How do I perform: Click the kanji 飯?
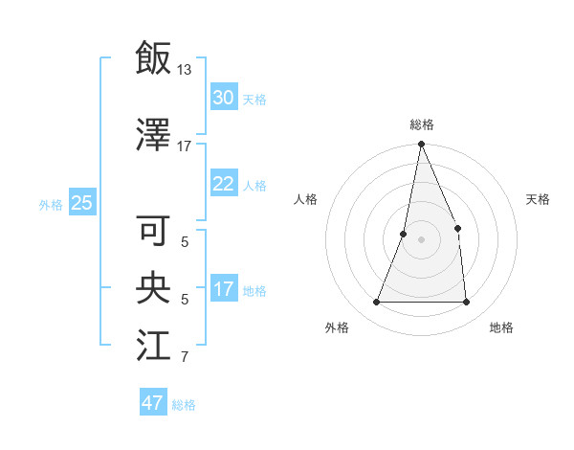click(153, 58)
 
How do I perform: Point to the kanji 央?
click(153, 288)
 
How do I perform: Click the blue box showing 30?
click(223, 98)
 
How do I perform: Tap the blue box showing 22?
click(223, 184)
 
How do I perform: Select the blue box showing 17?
click(223, 289)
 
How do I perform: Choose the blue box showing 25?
click(81, 202)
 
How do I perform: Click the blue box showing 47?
click(152, 403)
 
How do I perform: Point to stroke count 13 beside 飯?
click(185, 70)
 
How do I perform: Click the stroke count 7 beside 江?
click(185, 358)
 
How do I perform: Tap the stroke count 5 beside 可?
click(185, 243)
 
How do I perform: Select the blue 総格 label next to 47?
click(184, 405)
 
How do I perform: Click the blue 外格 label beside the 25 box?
click(51, 204)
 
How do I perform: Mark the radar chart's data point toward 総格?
click(421, 145)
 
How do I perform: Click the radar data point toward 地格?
click(467, 303)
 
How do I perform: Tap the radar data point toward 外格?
click(376, 303)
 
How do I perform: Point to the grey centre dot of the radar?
click(421, 240)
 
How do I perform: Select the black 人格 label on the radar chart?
click(306, 199)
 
